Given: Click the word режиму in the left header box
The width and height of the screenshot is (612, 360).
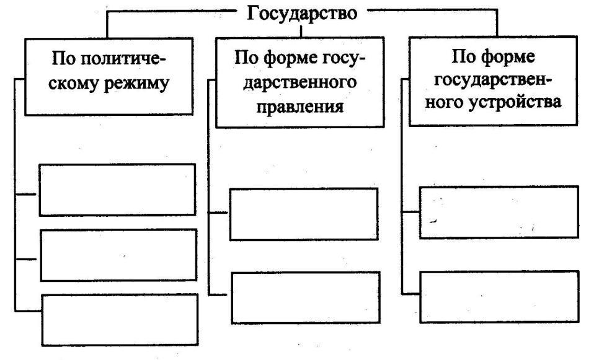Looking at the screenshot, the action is point(136,84).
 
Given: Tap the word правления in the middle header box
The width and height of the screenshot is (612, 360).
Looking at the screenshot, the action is point(300,107).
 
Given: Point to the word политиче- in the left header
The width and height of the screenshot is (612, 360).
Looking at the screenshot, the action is point(125,59).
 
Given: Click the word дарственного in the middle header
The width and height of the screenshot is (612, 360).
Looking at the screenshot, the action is point(299,82).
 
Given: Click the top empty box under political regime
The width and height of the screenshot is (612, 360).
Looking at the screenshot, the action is point(117,190).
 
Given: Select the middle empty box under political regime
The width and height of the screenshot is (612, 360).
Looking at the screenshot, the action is point(118,255).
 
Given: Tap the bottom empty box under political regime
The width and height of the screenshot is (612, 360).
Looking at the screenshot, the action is point(120,320).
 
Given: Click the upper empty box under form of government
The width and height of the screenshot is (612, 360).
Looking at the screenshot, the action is point(304,214).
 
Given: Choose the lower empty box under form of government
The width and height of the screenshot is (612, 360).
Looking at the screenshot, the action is point(306,297).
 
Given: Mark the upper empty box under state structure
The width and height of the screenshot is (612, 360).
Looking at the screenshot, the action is point(499,212).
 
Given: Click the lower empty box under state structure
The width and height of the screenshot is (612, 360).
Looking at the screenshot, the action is point(499,297).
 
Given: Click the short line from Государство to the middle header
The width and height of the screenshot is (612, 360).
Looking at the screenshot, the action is point(301,31).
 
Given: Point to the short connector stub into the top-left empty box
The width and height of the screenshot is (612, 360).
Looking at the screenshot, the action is point(26,194).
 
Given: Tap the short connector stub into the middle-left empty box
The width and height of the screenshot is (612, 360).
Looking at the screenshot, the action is point(26,259).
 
